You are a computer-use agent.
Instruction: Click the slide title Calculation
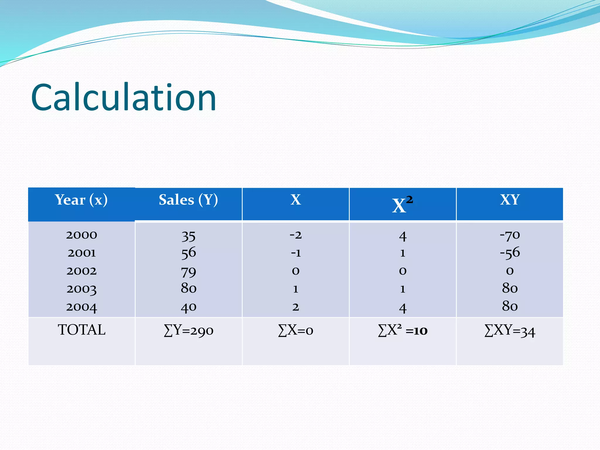pyautogui.click(x=123, y=98)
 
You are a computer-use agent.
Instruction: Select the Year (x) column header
pyautogui.click(x=81, y=200)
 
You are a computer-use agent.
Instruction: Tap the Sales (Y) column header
pyautogui.click(x=188, y=200)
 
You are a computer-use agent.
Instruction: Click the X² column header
pyautogui.click(x=403, y=204)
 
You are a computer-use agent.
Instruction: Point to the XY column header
pyautogui.click(x=510, y=200)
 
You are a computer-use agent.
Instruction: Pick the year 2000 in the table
pyautogui.click(x=81, y=235)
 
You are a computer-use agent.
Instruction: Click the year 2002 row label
pyautogui.click(x=81, y=271)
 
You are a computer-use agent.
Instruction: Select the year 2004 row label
pyautogui.click(x=81, y=307)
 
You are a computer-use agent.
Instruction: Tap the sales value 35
pyautogui.click(x=188, y=236)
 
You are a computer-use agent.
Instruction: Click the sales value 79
pyautogui.click(x=188, y=272)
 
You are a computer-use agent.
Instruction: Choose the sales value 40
pyautogui.click(x=188, y=307)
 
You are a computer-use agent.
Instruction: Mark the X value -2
pyautogui.click(x=296, y=235)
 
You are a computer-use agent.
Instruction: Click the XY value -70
pyautogui.click(x=510, y=235)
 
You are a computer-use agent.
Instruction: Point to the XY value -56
pyautogui.click(x=510, y=253)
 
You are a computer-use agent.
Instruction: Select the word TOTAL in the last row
pyautogui.click(x=81, y=330)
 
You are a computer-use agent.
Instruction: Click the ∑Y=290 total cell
pyautogui.click(x=188, y=331)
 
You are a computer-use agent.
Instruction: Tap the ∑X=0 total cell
pyautogui.click(x=296, y=331)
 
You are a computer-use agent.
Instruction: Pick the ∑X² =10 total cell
pyautogui.click(x=403, y=331)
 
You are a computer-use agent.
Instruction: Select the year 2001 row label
pyautogui.click(x=81, y=253)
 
